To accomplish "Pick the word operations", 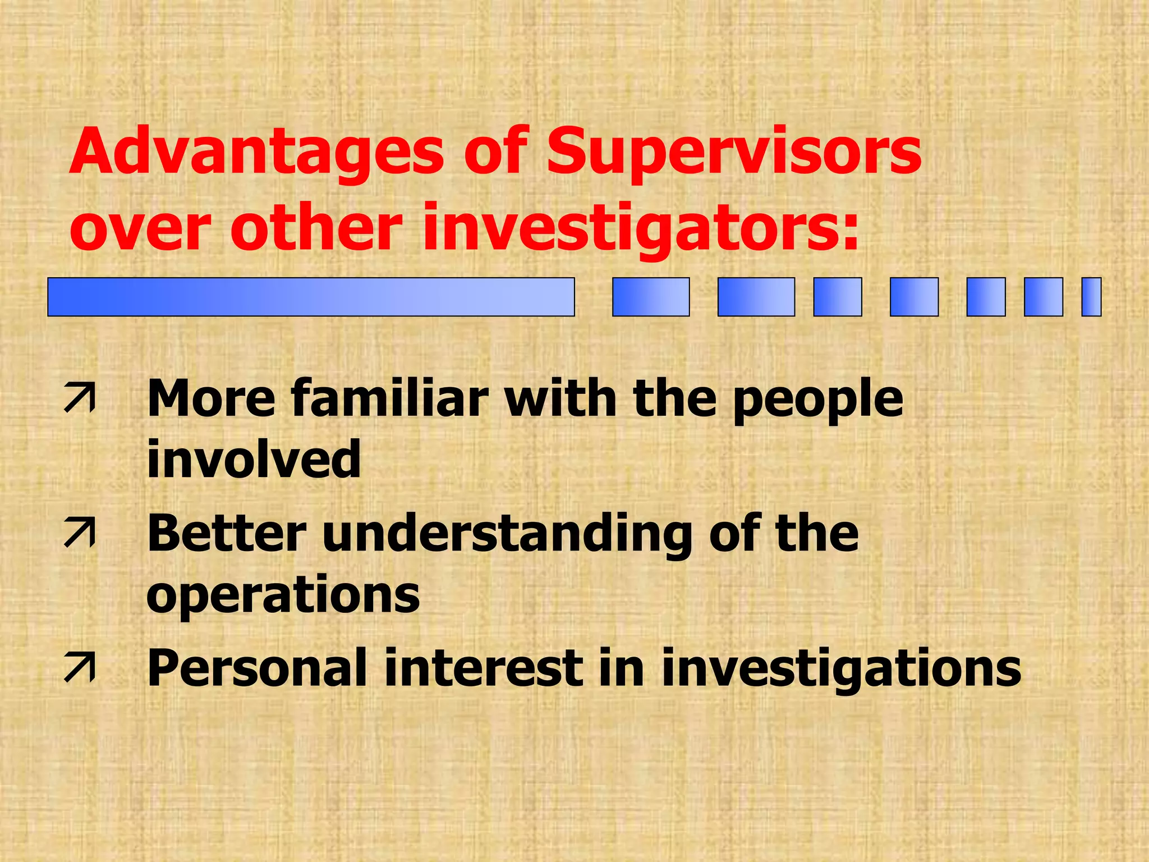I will [x=283, y=596].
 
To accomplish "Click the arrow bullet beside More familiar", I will [x=80, y=398].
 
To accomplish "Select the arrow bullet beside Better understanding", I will [x=80, y=533].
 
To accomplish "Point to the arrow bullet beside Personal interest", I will [x=80, y=667].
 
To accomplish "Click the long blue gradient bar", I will [x=311, y=297].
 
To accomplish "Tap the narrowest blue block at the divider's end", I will [x=1091, y=297].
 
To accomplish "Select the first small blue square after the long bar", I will [x=651, y=297].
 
